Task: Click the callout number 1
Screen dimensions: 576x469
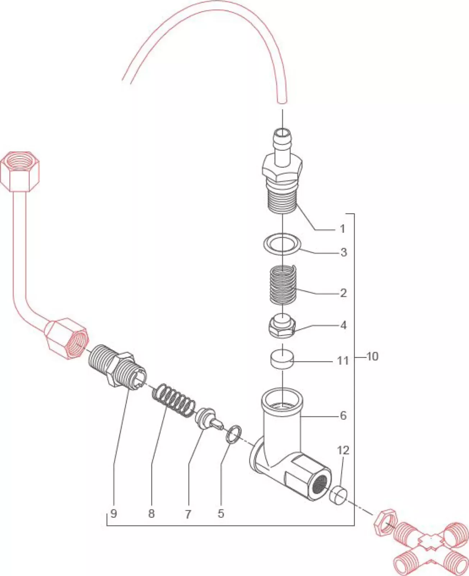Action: point(342,228)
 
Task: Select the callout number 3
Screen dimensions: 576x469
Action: point(343,252)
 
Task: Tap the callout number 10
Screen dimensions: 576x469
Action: point(372,356)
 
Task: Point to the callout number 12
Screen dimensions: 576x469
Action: point(343,450)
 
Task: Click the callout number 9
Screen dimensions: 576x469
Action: point(114,513)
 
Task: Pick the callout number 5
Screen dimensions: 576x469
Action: point(220,513)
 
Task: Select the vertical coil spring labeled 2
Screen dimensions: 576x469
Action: point(283,284)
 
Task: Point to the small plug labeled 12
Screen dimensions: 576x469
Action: point(338,495)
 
